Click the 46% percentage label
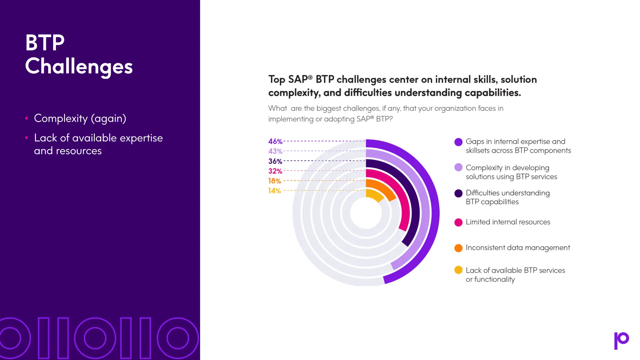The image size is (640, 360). click(x=275, y=141)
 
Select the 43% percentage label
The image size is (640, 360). click(x=275, y=151)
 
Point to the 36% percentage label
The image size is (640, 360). click(x=275, y=161)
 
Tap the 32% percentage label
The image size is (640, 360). click(x=275, y=171)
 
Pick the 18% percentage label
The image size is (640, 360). click(x=274, y=181)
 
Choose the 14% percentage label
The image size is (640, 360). click(x=274, y=191)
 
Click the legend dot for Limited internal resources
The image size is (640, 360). click(x=458, y=222)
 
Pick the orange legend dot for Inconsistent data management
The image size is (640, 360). click(x=458, y=248)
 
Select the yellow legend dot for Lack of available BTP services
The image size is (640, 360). click(x=458, y=270)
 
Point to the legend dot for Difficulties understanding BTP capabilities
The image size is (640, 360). click(x=458, y=193)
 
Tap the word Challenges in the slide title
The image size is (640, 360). click(x=79, y=67)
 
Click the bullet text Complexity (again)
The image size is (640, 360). click(x=80, y=118)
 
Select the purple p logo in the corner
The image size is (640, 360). click(x=621, y=340)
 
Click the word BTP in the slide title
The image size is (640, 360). click(x=45, y=43)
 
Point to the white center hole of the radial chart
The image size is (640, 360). click(x=366, y=213)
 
